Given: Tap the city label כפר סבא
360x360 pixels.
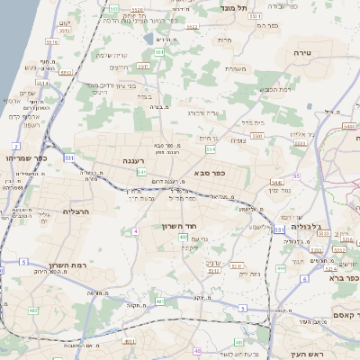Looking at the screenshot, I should pos(208,171).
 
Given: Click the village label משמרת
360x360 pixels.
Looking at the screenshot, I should pos(236,68).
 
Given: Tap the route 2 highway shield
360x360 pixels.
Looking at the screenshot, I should pos(16,146).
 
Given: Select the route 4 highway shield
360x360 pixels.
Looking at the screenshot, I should pos(135,231).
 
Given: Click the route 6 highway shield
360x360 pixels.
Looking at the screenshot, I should pos(304,280).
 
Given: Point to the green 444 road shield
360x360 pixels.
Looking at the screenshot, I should pos(281,267).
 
